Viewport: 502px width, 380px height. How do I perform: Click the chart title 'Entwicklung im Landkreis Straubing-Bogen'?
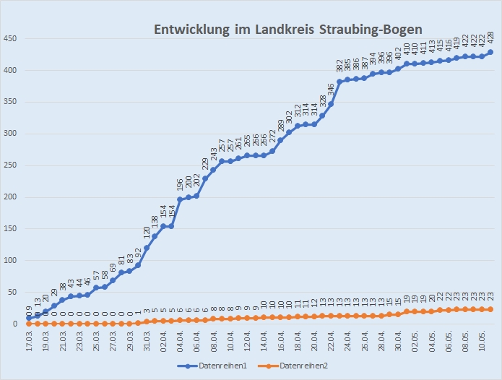coord(287,29)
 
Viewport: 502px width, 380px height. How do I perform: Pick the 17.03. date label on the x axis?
coord(29,342)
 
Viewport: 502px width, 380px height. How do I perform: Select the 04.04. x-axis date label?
coord(180,342)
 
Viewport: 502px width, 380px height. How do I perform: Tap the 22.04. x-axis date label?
coord(332,342)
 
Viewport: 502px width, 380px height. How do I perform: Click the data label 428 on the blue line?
coord(491,38)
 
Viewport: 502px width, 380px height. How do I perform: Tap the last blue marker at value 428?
coord(491,52)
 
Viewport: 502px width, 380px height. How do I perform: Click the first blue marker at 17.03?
coord(29,318)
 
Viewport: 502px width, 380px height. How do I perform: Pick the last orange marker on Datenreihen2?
coord(491,309)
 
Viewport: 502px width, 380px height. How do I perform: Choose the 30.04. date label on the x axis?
coord(399,342)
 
